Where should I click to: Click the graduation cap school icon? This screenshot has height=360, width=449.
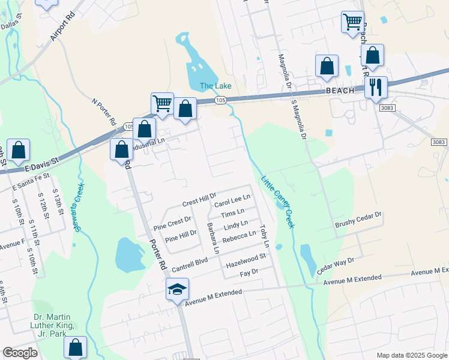178,289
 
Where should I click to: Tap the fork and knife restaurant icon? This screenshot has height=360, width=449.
376,88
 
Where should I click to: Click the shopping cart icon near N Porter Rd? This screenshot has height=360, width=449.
162,103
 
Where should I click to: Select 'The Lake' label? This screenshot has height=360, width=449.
215,86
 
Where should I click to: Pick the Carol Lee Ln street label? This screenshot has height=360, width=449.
232,200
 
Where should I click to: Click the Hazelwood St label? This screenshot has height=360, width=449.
246,260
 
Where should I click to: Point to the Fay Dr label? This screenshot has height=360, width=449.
249,272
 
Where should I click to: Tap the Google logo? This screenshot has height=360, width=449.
20,353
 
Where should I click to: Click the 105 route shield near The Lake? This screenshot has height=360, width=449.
221,100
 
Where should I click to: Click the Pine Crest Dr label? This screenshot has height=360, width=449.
172,224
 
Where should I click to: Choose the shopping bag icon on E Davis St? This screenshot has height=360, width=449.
19,151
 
